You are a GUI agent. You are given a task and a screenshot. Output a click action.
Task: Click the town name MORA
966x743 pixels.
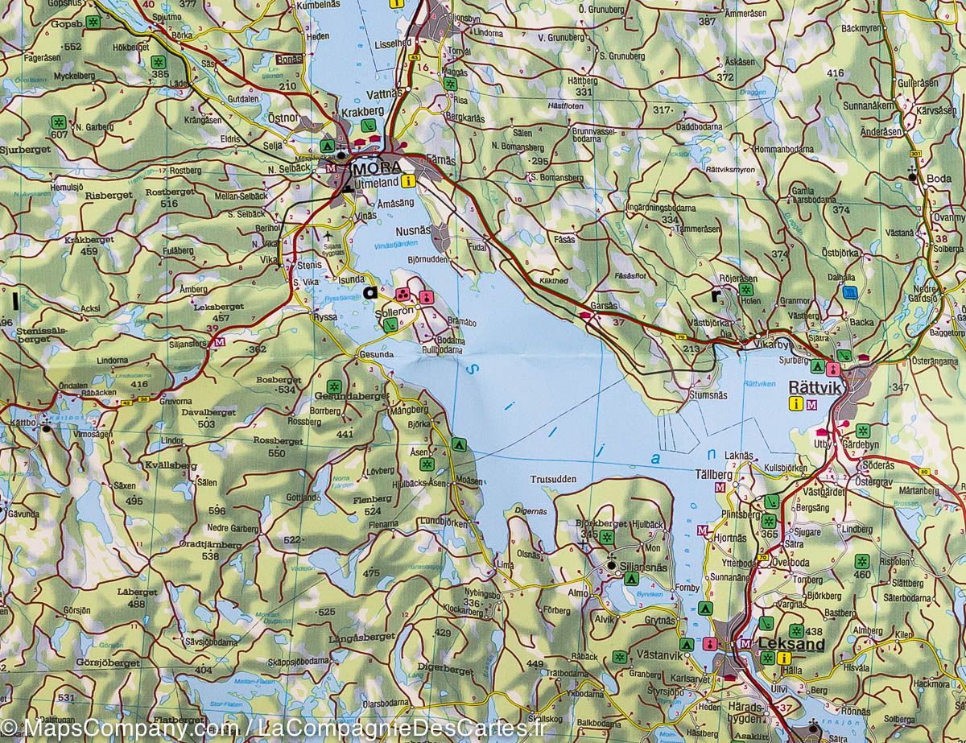(x=375, y=169)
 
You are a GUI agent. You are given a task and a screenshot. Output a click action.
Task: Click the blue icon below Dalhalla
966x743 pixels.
(x=848, y=294)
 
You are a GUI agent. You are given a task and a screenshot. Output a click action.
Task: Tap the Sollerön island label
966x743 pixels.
(x=395, y=310)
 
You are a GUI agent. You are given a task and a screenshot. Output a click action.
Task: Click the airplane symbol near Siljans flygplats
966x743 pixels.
(x=328, y=237)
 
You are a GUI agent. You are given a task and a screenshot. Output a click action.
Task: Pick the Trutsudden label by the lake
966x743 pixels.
(x=553, y=479)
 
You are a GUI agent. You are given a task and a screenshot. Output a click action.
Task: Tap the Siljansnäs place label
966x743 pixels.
(x=641, y=567)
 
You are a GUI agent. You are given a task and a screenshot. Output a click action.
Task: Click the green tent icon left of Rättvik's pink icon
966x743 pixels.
(x=817, y=367)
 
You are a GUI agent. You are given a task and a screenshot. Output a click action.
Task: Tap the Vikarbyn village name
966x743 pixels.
(x=774, y=345)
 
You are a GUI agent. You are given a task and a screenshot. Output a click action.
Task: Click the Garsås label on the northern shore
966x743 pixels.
(x=603, y=307)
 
